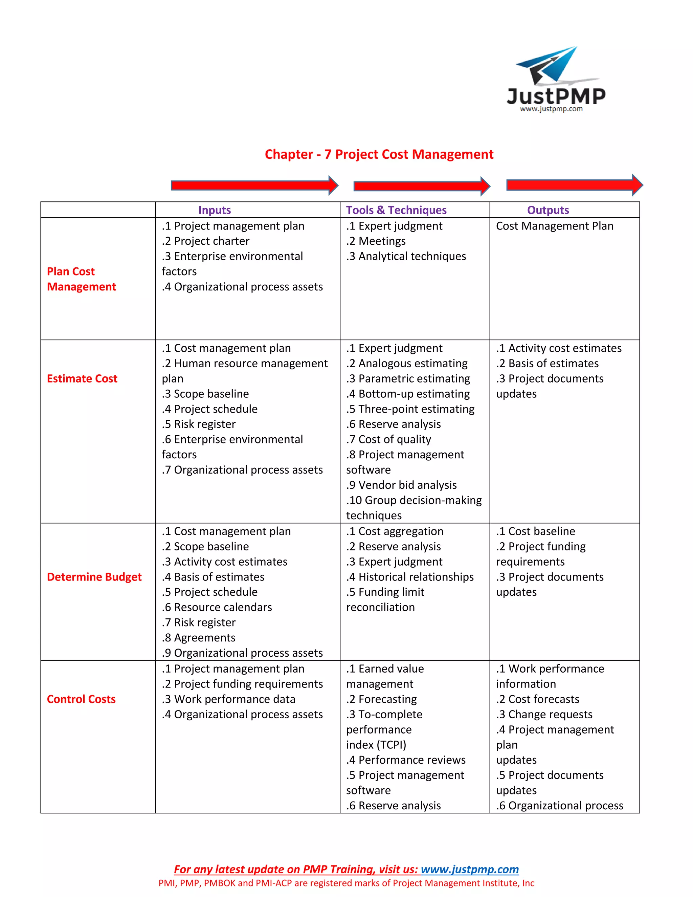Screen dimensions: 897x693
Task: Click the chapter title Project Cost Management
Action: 379,154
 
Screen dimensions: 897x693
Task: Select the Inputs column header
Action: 214,210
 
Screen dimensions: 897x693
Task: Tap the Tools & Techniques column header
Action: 396,210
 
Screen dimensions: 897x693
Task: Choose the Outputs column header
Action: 548,210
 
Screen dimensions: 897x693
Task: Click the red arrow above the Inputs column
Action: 254,185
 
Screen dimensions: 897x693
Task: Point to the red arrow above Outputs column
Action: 574,185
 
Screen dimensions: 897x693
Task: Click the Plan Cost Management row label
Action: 81,279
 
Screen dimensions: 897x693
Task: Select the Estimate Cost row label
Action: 82,378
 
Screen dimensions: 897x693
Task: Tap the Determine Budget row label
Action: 94,577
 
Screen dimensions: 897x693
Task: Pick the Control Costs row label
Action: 81,699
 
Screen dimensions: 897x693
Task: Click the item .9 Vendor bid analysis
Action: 401,485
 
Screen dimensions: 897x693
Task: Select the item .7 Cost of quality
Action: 388,439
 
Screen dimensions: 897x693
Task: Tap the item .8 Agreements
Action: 198,637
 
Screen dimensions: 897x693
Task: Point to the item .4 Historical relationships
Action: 410,577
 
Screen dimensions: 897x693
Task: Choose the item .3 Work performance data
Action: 228,699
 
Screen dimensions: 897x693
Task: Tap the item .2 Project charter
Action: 205,241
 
